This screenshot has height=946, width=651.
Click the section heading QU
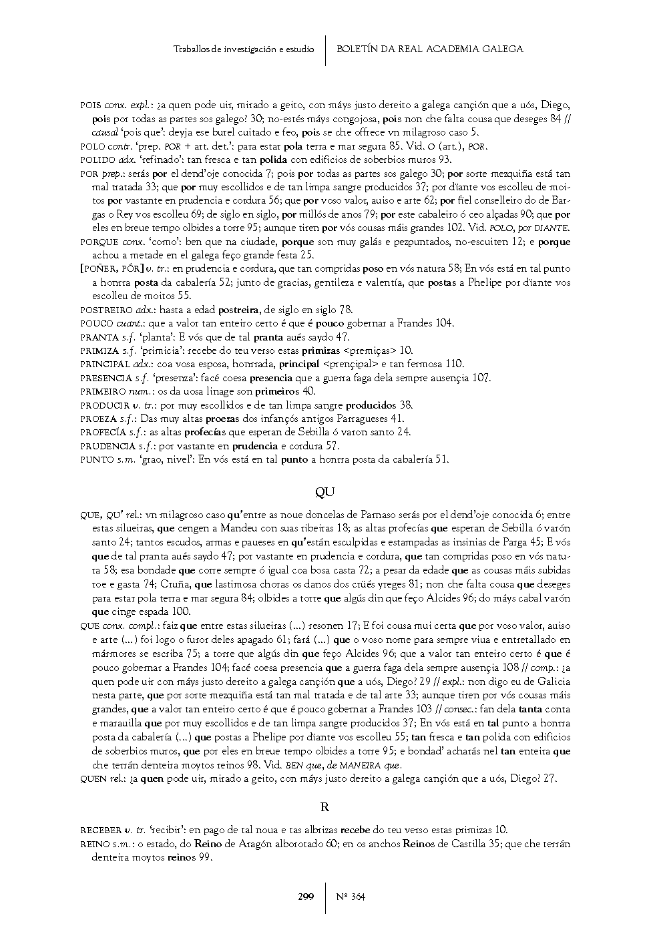tap(324, 493)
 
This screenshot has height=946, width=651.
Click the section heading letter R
tap(325, 807)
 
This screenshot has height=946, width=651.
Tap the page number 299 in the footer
tap(306, 897)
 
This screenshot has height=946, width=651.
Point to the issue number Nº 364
tap(351, 897)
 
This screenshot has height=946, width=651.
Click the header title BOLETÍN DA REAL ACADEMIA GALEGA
tap(429, 49)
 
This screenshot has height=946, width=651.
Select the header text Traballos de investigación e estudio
tap(243, 49)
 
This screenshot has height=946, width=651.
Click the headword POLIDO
tap(97, 160)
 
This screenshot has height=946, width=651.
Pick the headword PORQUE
tap(99, 242)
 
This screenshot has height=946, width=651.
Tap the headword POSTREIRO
tap(106, 310)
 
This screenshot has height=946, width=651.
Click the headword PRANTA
tap(99, 337)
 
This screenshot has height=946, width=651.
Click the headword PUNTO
tap(97, 459)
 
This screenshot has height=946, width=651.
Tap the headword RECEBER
tap(101, 831)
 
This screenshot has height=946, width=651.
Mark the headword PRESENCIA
tap(105, 378)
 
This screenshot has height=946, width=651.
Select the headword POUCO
tap(97, 324)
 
